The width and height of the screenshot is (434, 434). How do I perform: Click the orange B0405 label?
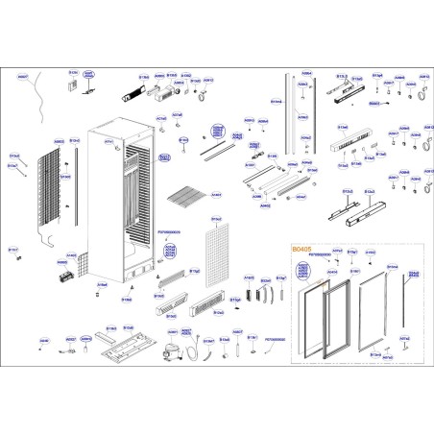pyautogui.click(x=301, y=247)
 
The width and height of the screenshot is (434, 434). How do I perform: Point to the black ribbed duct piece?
pyautogui.click(x=130, y=94)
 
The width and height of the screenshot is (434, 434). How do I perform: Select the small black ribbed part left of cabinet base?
pyautogui.click(x=69, y=278)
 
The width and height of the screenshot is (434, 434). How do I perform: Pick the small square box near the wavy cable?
pyautogui.click(x=70, y=85)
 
